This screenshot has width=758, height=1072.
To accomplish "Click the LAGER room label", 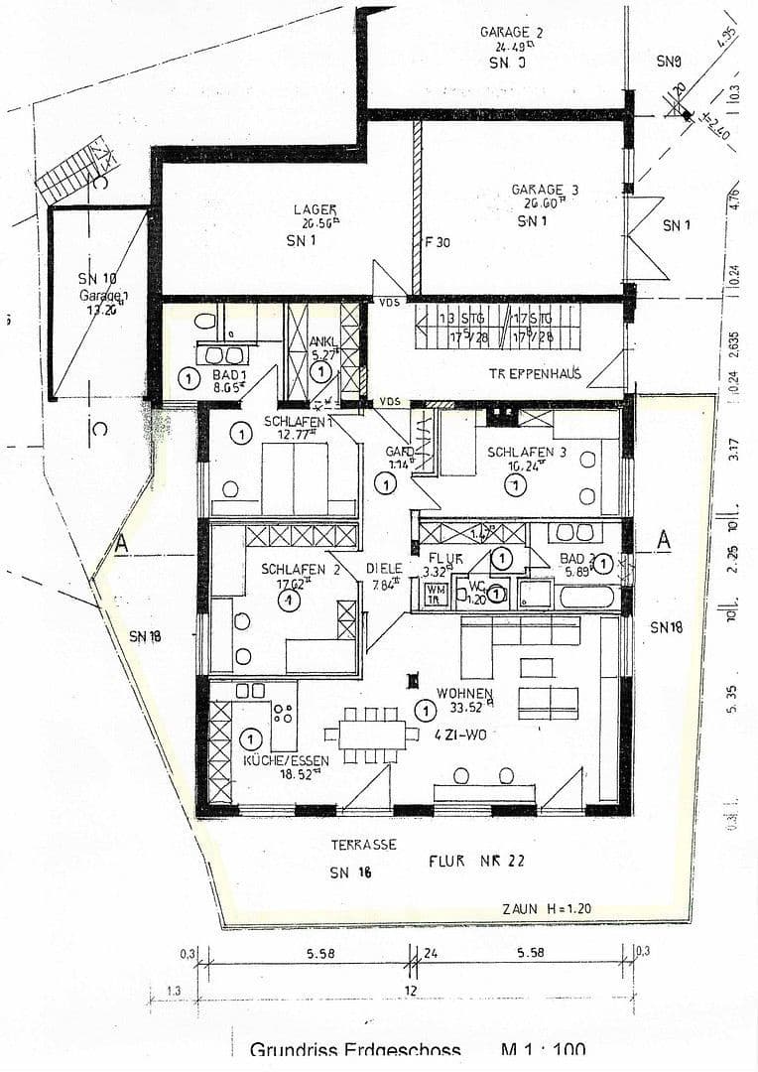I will click(x=315, y=209).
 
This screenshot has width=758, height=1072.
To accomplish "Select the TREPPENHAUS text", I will click(x=534, y=374).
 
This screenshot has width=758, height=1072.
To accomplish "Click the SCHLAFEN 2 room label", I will click(x=288, y=570).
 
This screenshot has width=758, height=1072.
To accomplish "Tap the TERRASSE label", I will click(x=364, y=845).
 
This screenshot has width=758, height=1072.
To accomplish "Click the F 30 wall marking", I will click(x=438, y=241).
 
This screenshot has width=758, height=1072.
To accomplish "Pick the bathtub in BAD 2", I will click(x=587, y=598).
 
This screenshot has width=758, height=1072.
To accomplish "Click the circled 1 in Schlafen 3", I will click(x=515, y=484).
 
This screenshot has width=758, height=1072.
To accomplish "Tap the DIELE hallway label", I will click(x=384, y=569).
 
